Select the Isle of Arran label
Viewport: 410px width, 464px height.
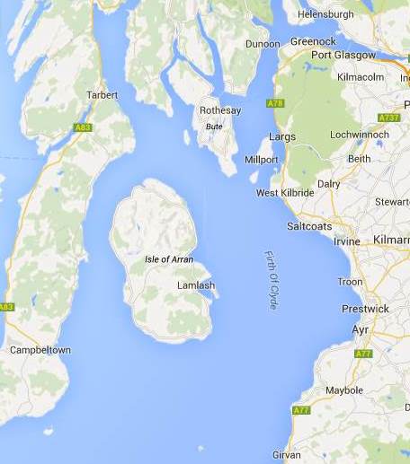(169, 259)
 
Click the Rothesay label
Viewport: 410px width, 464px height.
(220, 111)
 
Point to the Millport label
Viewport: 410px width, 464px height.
(262, 160)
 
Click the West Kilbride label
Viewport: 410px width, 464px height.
(285, 193)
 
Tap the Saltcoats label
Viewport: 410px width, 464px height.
(309, 225)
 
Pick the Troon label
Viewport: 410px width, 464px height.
(350, 282)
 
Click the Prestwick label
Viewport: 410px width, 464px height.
(365, 308)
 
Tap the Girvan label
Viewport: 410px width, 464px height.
(287, 455)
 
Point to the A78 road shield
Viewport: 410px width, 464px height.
(275, 105)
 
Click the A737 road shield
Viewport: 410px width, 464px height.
(388, 118)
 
